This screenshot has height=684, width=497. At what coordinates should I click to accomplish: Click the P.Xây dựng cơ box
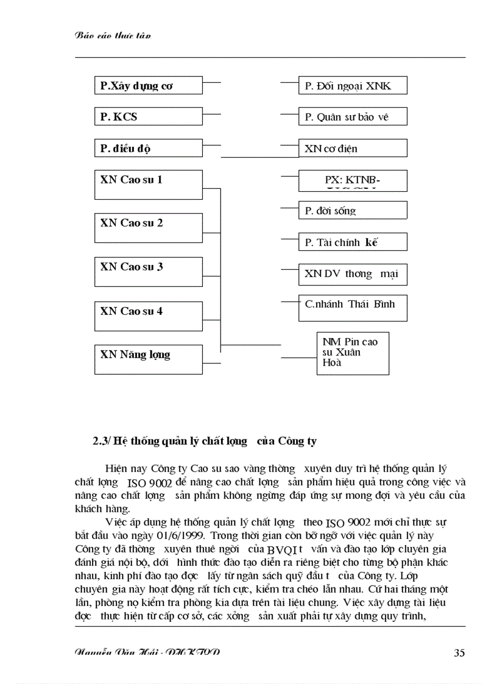click(148, 86)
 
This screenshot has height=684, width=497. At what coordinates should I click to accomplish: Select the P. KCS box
click(148, 116)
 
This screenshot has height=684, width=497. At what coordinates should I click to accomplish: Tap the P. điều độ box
click(148, 148)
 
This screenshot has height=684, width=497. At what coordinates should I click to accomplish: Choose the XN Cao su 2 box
click(148, 228)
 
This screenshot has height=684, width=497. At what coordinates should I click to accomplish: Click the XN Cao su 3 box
click(148, 272)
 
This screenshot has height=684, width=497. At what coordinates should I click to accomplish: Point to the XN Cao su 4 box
click(148, 316)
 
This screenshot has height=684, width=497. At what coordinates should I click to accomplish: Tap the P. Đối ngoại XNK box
click(352, 86)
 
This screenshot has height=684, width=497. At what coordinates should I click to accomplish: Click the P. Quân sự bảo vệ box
click(352, 116)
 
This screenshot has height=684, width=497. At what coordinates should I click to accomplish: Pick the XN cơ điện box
click(352, 148)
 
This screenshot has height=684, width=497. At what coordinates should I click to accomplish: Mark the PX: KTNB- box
click(352, 180)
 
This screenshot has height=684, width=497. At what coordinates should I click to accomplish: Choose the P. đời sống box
click(352, 211)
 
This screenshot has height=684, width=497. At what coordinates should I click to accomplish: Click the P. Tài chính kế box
click(352, 242)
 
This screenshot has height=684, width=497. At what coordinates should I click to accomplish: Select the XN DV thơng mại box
click(352, 275)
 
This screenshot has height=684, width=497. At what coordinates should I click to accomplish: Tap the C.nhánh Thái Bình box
click(352, 308)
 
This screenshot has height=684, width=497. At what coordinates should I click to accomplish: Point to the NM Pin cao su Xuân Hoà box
click(352, 353)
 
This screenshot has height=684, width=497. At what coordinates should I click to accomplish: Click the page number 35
click(459, 653)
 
